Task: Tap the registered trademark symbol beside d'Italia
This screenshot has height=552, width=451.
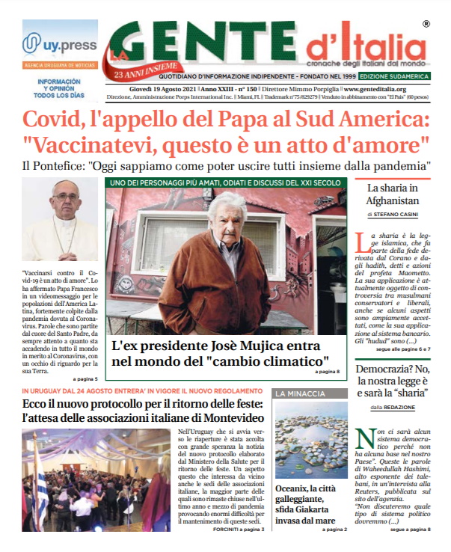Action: pyautogui.click(x=426, y=25)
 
